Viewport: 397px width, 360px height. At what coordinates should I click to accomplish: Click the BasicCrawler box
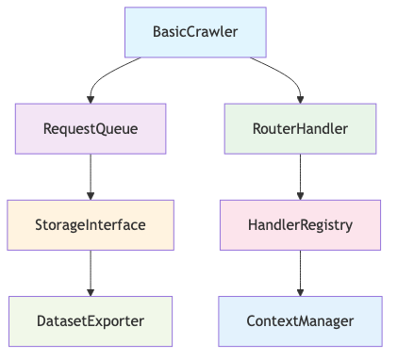[195, 32]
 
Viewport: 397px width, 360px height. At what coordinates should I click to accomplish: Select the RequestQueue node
[91, 128]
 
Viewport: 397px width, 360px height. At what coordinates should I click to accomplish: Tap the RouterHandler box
[301, 128]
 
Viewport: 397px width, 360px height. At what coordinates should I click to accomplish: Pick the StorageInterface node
[91, 224]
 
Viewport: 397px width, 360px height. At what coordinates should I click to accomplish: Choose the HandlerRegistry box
[301, 224]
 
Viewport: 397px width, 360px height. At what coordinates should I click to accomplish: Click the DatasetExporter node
[91, 320]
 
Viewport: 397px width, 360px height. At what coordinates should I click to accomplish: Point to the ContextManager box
[301, 320]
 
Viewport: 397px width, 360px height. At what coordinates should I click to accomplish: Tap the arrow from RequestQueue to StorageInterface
[91, 174]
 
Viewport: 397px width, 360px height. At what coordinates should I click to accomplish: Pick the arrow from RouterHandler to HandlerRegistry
[301, 174]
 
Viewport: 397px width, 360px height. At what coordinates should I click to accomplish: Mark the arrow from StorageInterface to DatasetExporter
[91, 271]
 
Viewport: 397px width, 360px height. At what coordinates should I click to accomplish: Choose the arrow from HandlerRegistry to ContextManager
[301, 271]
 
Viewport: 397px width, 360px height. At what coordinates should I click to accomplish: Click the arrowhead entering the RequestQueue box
[91, 99]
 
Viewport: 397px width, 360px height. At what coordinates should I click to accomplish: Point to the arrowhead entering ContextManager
[301, 291]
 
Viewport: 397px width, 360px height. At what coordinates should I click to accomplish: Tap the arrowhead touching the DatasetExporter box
[91, 291]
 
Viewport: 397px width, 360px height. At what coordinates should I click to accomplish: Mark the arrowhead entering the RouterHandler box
[301, 99]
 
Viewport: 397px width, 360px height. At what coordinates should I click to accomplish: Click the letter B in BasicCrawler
[157, 32]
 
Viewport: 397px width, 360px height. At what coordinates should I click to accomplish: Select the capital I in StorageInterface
[91, 224]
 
